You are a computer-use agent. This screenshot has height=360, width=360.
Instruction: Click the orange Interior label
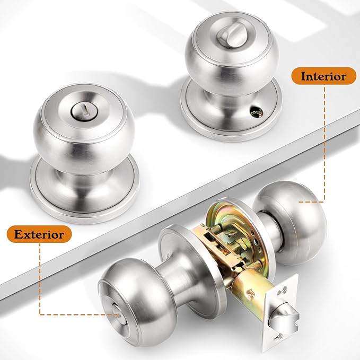coord(323,76)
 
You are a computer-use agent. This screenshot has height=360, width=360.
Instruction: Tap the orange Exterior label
coord(39,233)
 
